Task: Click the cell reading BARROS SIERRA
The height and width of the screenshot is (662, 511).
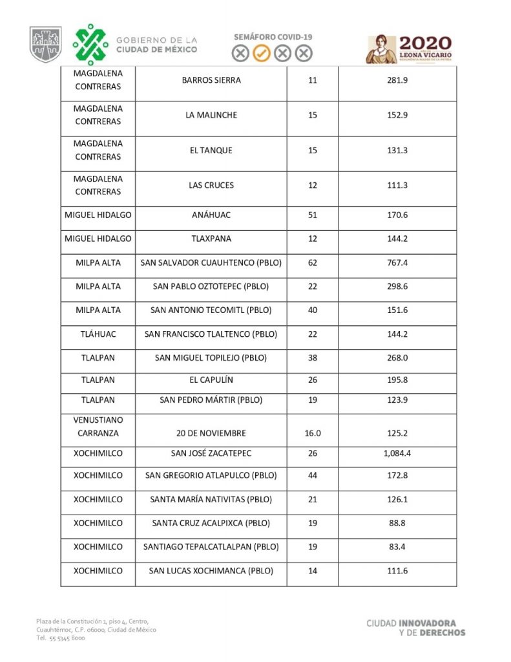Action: tap(211, 81)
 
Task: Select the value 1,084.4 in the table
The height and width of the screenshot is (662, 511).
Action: tap(397, 454)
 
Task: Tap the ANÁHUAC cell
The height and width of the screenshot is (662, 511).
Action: tap(211, 215)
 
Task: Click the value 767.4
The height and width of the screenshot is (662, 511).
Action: tap(397, 264)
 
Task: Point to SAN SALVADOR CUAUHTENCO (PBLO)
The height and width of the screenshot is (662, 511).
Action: tap(211, 264)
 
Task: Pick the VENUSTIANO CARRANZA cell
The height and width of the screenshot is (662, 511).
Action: tap(98, 427)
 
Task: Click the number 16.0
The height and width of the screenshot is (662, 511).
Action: tap(313, 433)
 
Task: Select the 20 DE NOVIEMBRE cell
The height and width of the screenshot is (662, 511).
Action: tap(211, 433)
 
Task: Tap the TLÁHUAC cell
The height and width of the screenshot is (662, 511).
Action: tap(98, 334)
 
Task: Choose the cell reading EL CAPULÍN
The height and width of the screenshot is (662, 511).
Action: tap(211, 380)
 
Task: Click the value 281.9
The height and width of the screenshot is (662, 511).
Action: tap(397, 81)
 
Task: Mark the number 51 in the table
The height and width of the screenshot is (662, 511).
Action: tap(313, 215)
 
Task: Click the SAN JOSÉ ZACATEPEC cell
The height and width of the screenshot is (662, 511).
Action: tap(211, 454)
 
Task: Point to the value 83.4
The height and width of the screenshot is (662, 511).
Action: tap(397, 547)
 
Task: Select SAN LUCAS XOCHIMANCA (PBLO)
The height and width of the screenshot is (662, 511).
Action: tap(211, 571)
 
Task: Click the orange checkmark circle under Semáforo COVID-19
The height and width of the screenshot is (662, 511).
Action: tap(261, 54)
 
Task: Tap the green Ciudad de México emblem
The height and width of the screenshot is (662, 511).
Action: tap(90, 45)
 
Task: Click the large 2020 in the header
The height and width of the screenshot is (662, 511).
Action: tap(424, 43)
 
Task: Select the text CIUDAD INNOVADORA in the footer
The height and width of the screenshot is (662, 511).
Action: tap(415, 623)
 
